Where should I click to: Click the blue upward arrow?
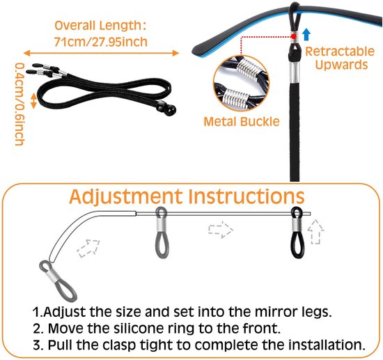coord(306,34)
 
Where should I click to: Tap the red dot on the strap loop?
coord(294,36)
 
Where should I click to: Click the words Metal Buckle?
coord(242,121)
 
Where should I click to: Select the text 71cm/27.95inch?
coord(101,42)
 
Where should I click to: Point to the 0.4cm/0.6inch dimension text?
coord(19,104)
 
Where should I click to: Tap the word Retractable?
coord(340,52)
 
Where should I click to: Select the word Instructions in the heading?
coord(247,196)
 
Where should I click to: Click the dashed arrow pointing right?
coord(221,229)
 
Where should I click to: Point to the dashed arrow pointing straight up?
coord(315,232)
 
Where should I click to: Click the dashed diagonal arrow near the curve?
coord(88,248)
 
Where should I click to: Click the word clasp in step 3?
coord(119,345)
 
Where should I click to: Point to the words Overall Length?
coord(100,25)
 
